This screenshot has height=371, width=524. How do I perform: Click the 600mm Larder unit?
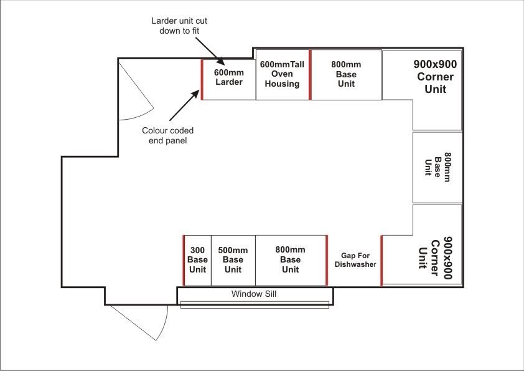(x=228, y=77)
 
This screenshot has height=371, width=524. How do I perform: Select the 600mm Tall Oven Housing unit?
(x=283, y=74)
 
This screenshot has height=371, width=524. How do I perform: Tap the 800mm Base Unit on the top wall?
(x=346, y=74)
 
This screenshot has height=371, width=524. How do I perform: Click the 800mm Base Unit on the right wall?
(x=437, y=167)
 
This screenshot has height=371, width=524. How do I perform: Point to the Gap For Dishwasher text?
(x=355, y=259)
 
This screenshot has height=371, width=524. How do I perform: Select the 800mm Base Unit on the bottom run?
(x=291, y=259)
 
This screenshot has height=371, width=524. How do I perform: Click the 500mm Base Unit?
(x=233, y=259)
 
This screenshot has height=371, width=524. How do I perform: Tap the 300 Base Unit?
(x=197, y=259)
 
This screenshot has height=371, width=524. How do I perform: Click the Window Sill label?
(x=254, y=294)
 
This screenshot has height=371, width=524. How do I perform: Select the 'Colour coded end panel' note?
(x=167, y=135)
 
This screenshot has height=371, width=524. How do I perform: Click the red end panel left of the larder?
(x=202, y=79)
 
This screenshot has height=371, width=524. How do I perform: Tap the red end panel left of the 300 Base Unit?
(x=184, y=260)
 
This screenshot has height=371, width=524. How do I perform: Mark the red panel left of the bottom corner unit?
(x=381, y=261)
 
